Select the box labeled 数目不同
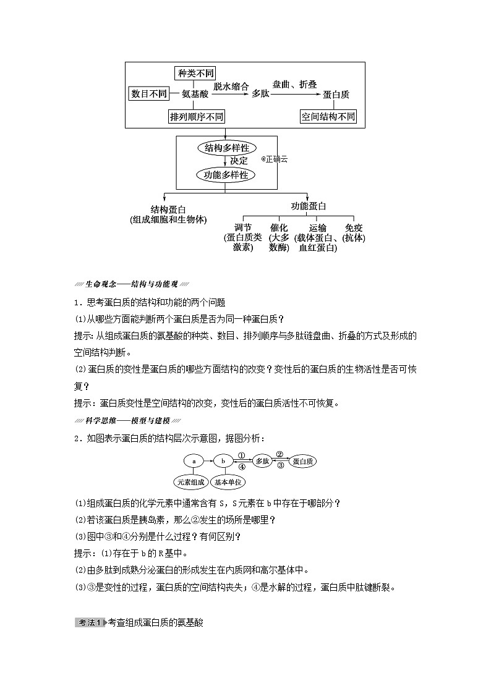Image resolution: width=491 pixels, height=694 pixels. (x=149, y=94)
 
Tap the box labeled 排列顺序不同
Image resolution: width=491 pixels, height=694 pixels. (x=197, y=116)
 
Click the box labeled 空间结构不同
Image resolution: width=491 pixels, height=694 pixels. (x=328, y=116)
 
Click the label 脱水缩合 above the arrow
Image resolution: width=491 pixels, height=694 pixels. (x=231, y=87)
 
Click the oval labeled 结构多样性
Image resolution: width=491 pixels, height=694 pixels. (x=227, y=148)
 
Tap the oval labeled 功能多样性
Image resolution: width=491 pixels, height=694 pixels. (x=226, y=175)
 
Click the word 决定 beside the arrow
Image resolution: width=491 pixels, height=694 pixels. (x=239, y=161)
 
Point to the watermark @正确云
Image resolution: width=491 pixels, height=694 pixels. (x=274, y=159)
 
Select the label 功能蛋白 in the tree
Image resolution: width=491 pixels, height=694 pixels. (x=309, y=206)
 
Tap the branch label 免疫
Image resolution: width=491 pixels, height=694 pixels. (x=354, y=227)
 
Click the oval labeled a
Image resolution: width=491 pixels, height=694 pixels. (x=194, y=461)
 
